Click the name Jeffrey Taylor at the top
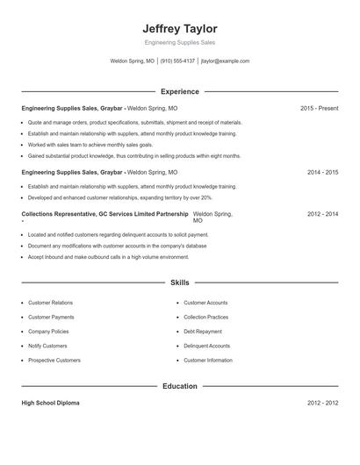point(179,28)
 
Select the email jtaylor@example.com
point(225,61)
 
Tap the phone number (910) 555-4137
point(178,61)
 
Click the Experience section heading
point(179,91)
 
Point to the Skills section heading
point(179,283)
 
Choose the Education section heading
point(179,386)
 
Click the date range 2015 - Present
point(319,109)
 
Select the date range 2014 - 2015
point(322,173)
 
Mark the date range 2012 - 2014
point(322,214)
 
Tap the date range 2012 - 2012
point(322,403)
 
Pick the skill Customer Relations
point(51,302)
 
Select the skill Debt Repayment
point(204,332)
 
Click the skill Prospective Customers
point(54,361)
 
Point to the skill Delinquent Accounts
point(207,346)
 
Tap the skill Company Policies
point(49,332)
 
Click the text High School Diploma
point(51,403)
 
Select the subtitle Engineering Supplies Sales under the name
point(179,42)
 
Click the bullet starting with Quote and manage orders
point(134,123)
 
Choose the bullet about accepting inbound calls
point(108,257)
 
